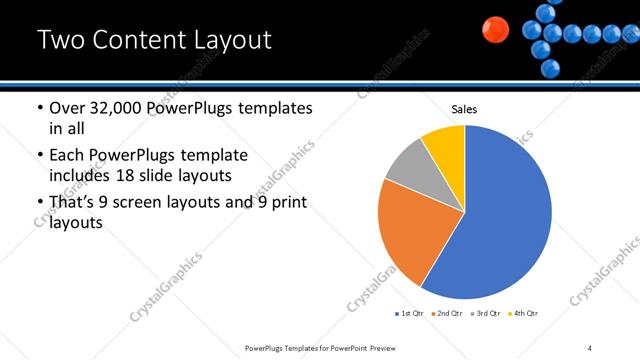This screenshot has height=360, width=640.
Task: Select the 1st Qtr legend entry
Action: point(410,313)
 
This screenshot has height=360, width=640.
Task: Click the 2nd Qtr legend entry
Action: point(447,313)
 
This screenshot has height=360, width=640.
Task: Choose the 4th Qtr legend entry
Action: point(523,313)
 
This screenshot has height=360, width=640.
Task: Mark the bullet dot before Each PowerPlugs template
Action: point(40,156)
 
